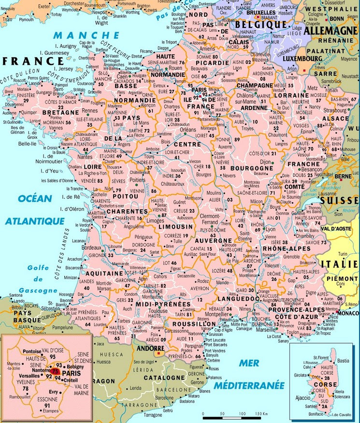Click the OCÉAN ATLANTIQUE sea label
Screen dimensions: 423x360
pos(34,209)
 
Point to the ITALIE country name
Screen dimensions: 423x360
pos(339,264)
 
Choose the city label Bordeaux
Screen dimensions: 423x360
pos(91,247)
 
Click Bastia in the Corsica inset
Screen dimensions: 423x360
pos(343,361)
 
